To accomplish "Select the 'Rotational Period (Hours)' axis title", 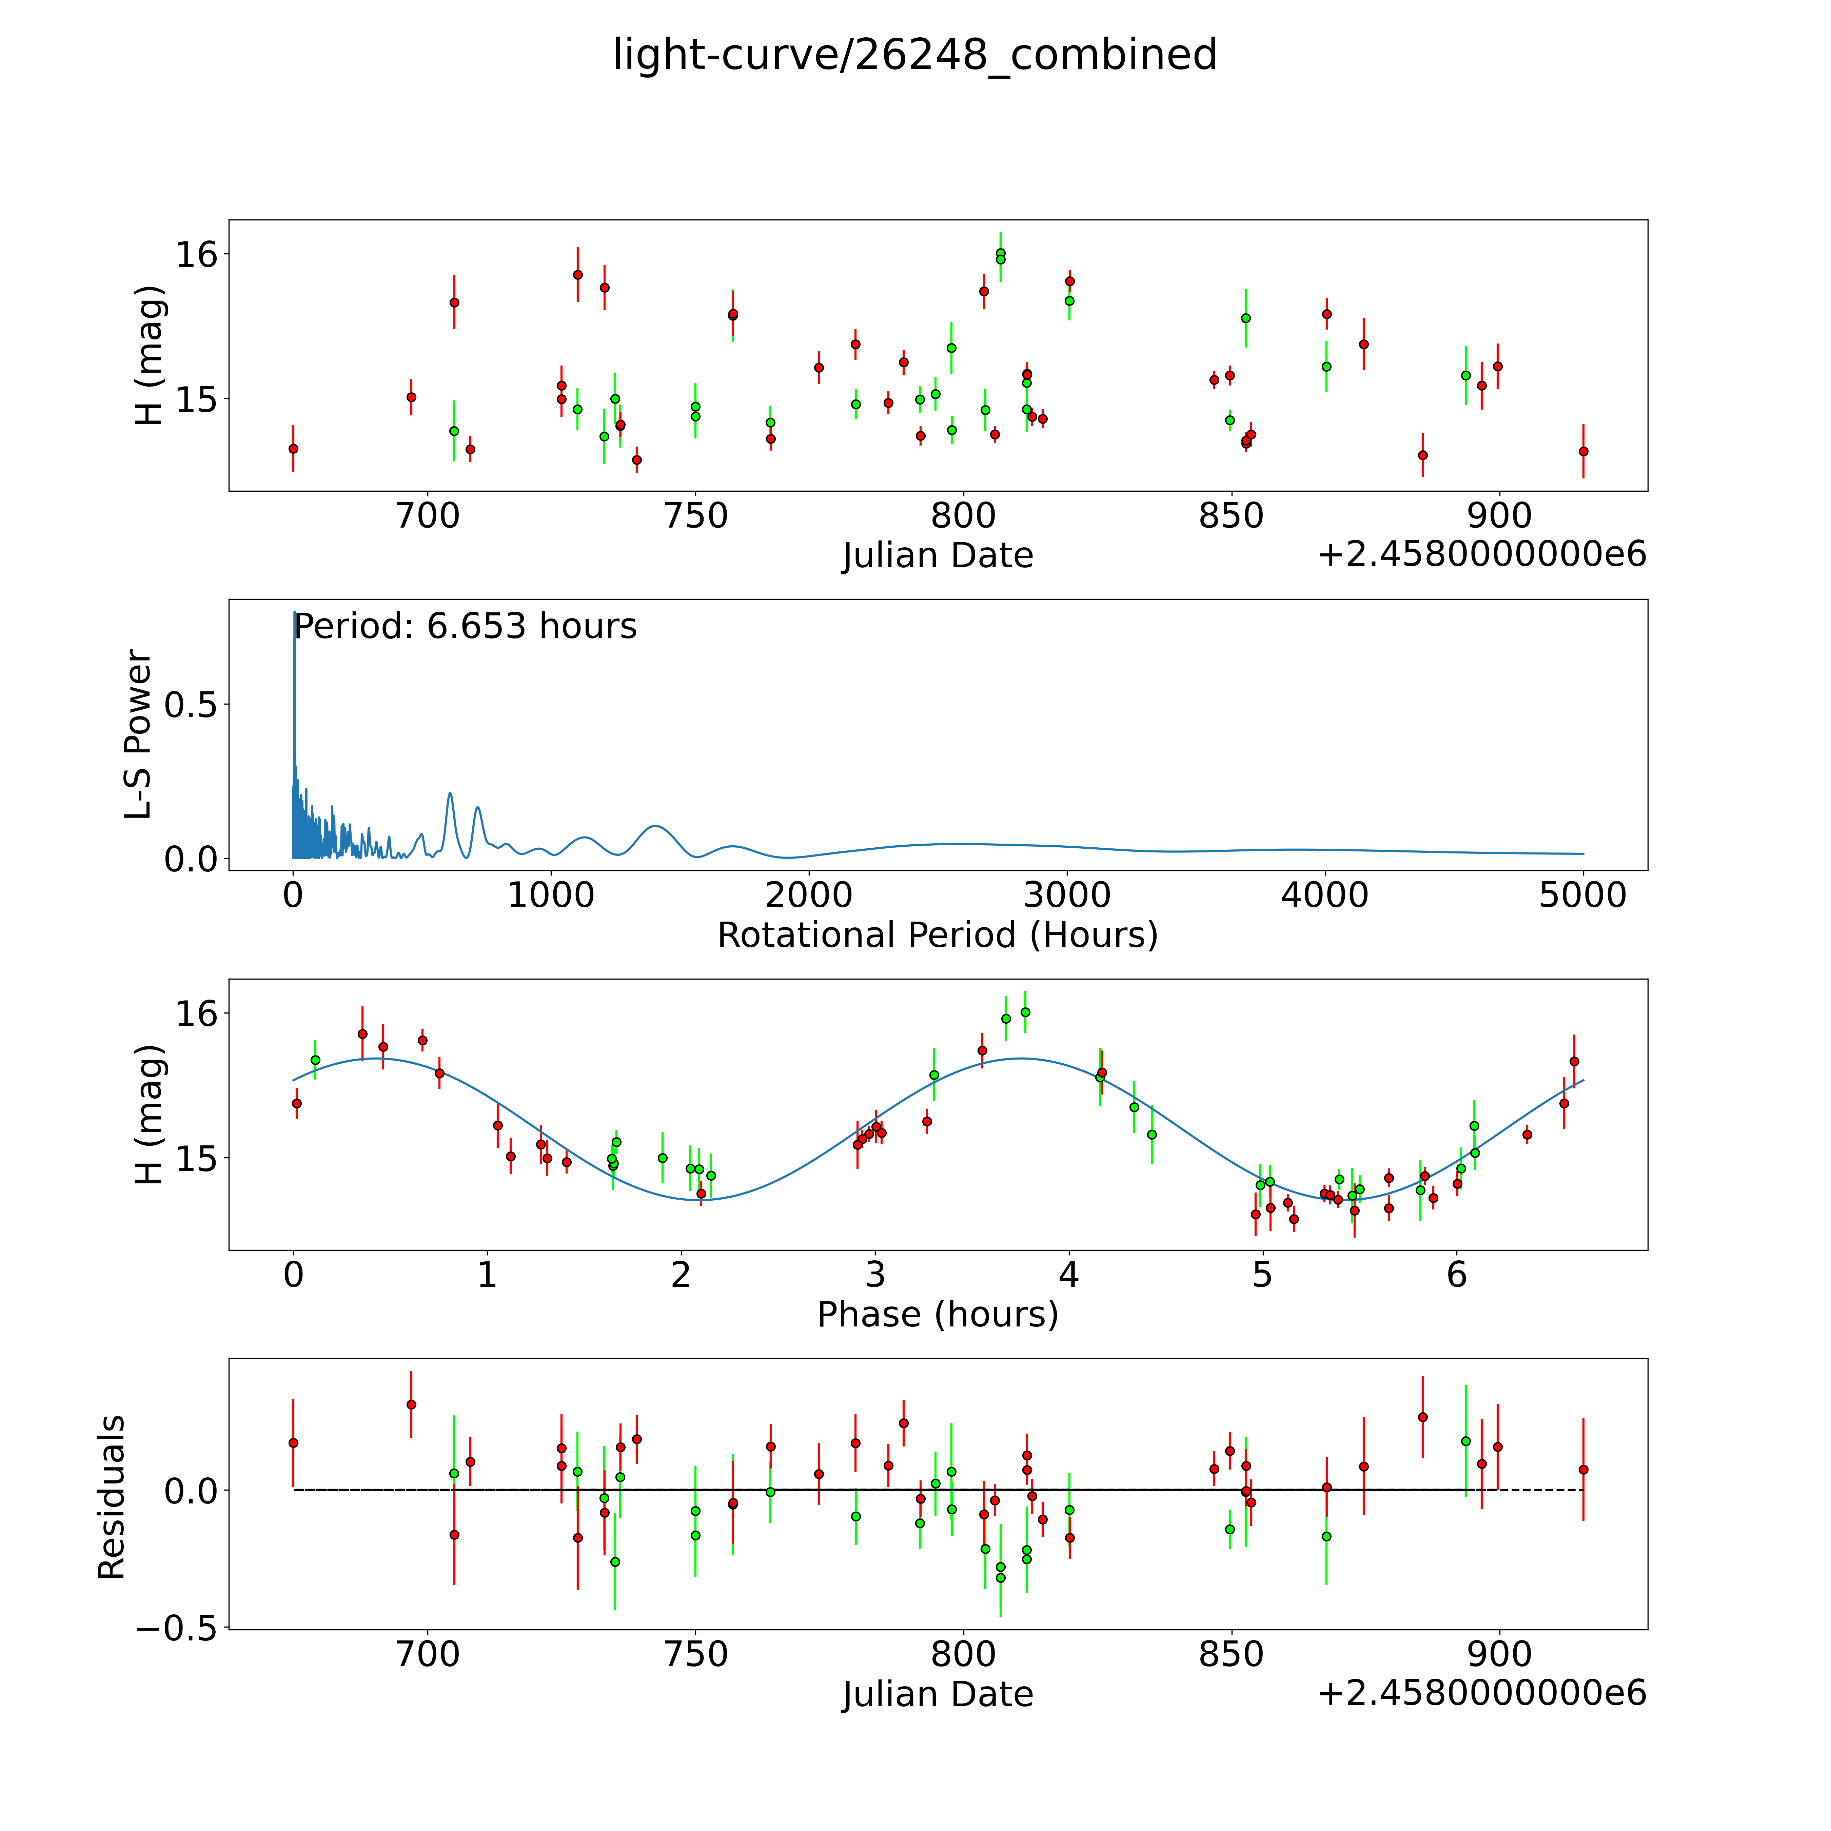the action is point(937,936).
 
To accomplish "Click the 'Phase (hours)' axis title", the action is point(937,1315).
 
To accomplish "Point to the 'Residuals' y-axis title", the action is point(112,1497).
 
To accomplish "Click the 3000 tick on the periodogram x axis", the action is point(1067,895).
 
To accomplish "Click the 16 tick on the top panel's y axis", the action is point(196,254).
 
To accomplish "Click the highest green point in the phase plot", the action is point(1024,1012).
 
